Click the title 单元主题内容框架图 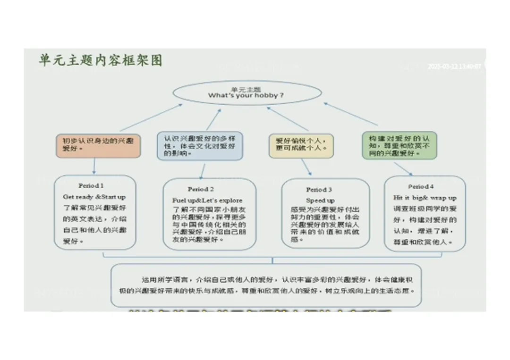tap(101, 61)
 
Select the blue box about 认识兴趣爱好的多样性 tap(200, 146)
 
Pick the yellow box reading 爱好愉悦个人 tap(301, 145)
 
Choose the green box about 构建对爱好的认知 tap(399, 145)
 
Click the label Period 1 tap(91, 186)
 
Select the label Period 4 tap(421, 186)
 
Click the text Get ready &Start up tap(94, 197)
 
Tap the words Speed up tap(320, 201)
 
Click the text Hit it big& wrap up tap(425, 198)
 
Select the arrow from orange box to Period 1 tap(94, 166)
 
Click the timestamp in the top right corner tap(454, 67)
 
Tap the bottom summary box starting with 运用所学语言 tap(266, 285)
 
